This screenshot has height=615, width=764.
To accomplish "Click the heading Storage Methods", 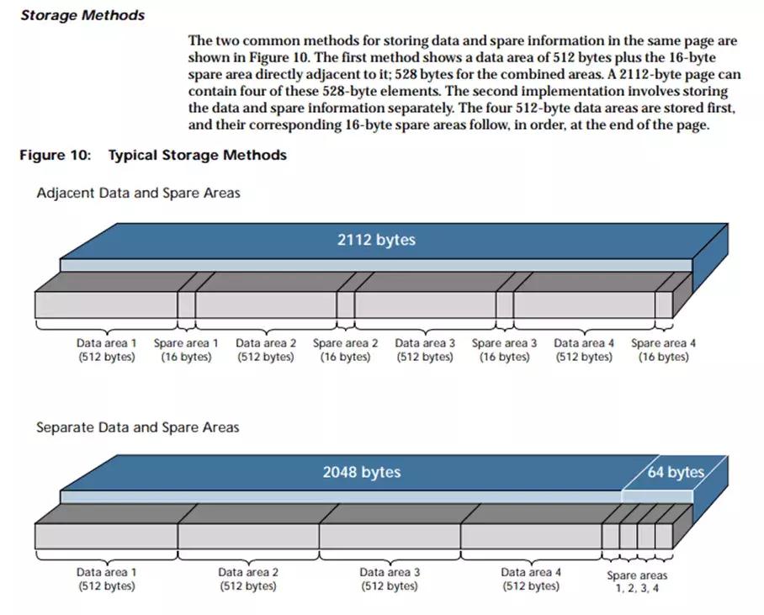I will pos(82,15).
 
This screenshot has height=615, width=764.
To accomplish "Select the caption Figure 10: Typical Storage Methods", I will pos(153,155).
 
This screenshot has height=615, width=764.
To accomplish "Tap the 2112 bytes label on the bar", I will pos(376,240).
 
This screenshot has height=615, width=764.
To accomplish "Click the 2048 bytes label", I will pos(362,472).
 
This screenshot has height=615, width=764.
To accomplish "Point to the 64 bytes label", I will pos(676,472).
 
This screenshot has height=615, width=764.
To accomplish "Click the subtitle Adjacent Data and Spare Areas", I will pos(138,193).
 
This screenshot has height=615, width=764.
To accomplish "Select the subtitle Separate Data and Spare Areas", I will pos(137,427).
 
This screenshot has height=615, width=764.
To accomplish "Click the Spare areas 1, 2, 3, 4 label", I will pos(637,581).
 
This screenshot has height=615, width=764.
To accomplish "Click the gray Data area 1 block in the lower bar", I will pos(106,536).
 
